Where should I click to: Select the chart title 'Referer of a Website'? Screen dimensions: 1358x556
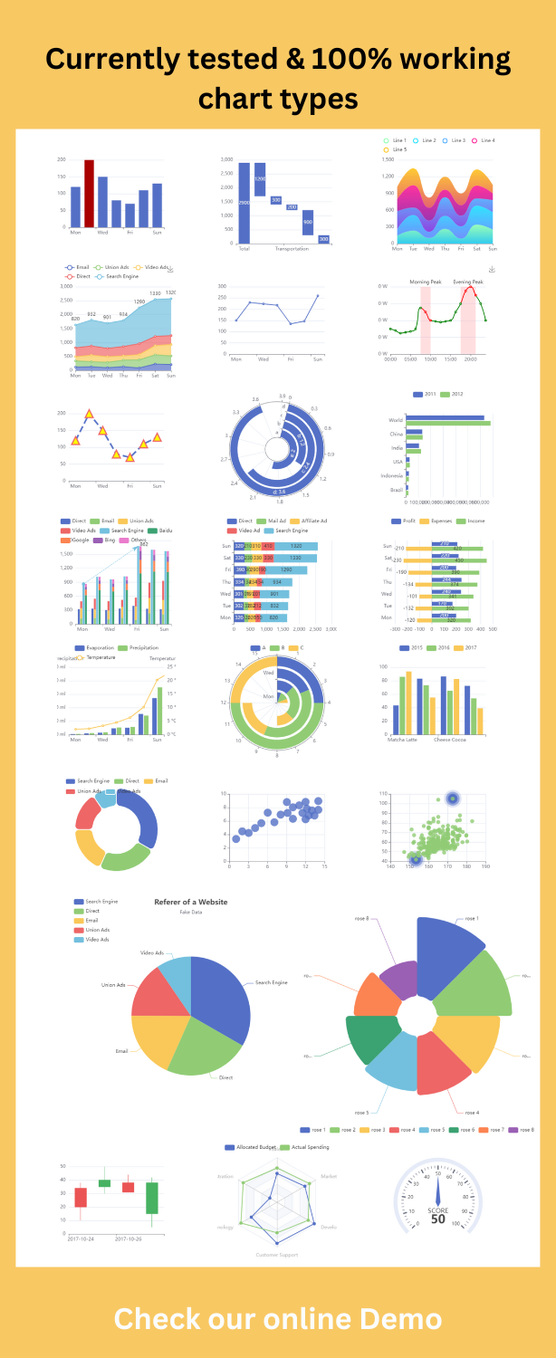190,901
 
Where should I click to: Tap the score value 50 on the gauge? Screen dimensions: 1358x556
437,1219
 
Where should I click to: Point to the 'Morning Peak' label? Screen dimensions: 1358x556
427,282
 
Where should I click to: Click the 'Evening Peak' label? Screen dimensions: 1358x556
468,282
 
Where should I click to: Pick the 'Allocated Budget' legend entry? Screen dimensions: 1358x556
254,1147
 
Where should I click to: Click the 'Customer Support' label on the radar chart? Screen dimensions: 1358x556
277,1254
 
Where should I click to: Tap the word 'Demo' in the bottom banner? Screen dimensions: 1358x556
398,1318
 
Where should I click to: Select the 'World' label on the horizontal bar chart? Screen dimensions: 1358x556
395,420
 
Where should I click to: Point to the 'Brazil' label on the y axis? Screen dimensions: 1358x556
396,489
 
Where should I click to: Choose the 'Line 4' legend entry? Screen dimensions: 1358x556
484,140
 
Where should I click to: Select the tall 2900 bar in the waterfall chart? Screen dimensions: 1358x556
244,204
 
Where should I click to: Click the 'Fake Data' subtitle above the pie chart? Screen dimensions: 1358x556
191,913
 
